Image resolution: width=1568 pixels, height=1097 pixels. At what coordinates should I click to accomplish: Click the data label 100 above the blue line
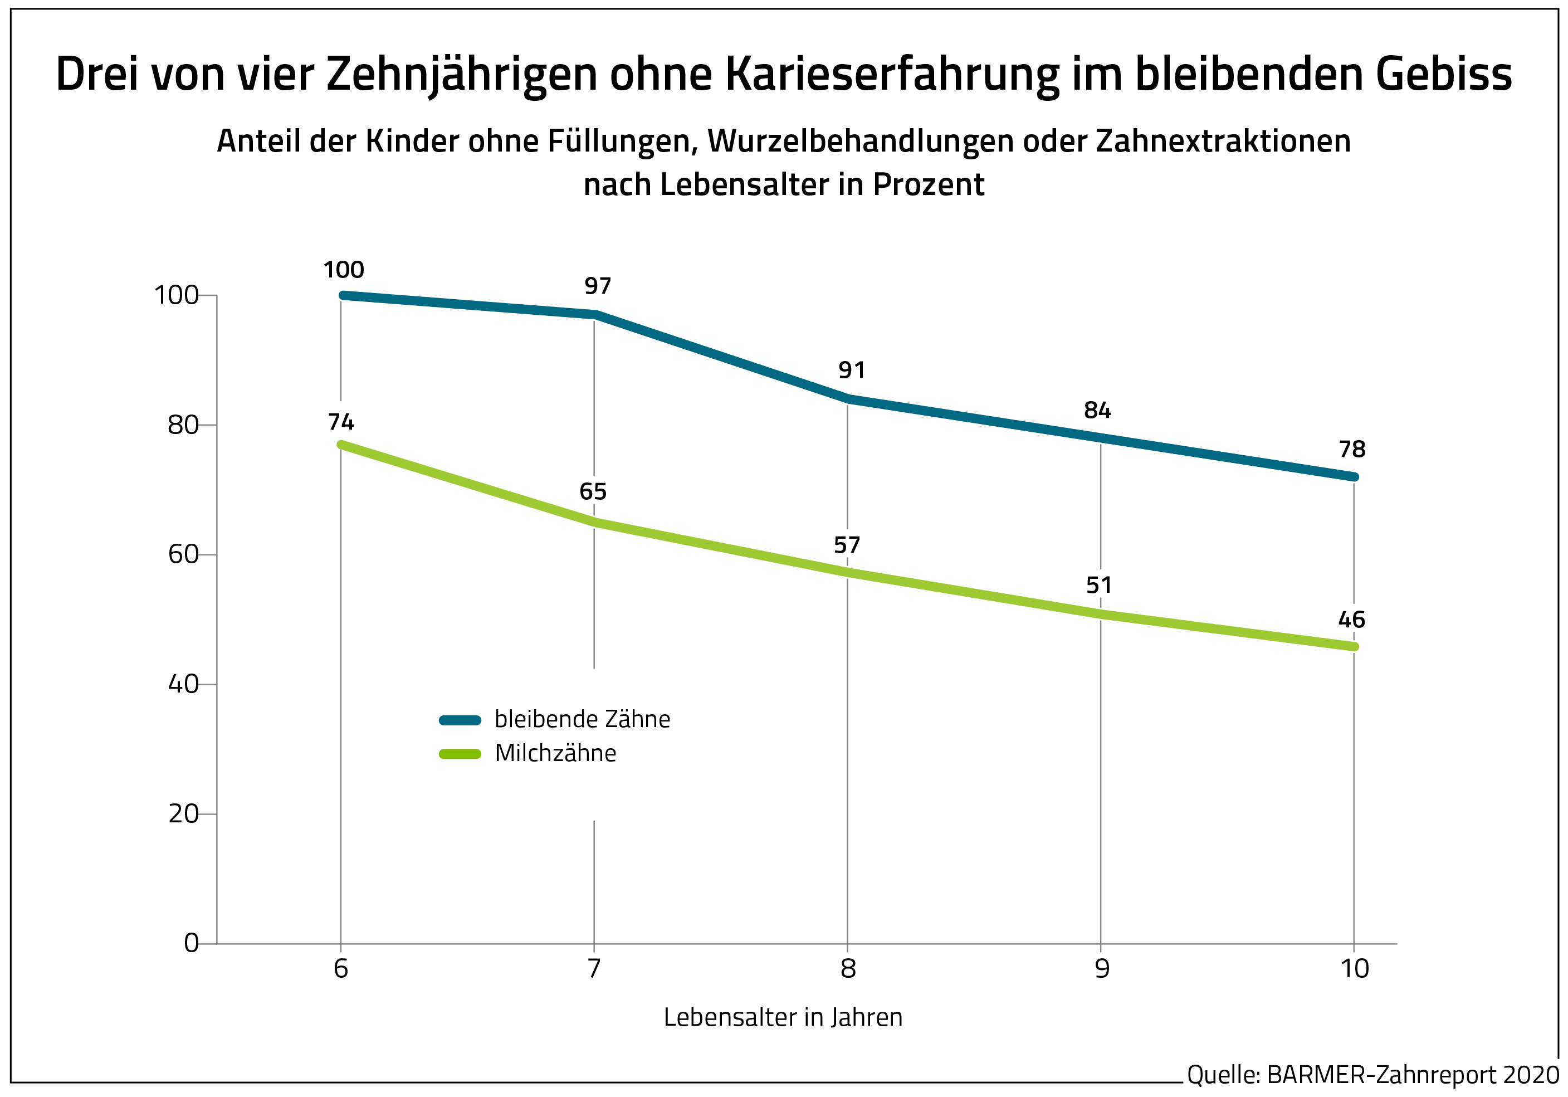344,270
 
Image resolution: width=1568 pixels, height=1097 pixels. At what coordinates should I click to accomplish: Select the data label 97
598,286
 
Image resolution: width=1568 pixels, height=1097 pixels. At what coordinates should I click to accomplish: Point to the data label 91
852,370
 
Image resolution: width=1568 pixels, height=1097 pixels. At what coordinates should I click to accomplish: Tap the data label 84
1097,411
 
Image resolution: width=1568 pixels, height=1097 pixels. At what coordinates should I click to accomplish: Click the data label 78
1352,450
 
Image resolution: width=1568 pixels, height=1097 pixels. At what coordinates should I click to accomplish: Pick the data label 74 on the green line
341,423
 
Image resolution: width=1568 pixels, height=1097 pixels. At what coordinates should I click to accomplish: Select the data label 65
593,492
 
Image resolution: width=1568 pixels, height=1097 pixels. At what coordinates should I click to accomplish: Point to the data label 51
1099,586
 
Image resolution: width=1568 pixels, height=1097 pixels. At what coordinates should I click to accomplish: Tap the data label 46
1351,620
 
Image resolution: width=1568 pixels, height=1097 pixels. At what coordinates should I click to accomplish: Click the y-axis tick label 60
182,555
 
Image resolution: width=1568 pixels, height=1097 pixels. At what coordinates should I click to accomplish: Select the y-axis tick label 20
182,814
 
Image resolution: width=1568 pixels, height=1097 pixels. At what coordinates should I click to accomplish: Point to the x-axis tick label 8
848,969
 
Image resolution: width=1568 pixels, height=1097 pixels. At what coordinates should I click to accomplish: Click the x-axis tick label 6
341,969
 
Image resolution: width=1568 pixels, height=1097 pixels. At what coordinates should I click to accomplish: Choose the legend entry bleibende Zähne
582,719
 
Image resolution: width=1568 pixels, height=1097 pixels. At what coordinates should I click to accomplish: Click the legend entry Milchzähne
555,753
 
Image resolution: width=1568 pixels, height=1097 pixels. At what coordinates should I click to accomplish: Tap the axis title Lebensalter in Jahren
783,1018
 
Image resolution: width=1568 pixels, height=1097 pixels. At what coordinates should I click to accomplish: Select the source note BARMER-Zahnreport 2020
1412,1075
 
